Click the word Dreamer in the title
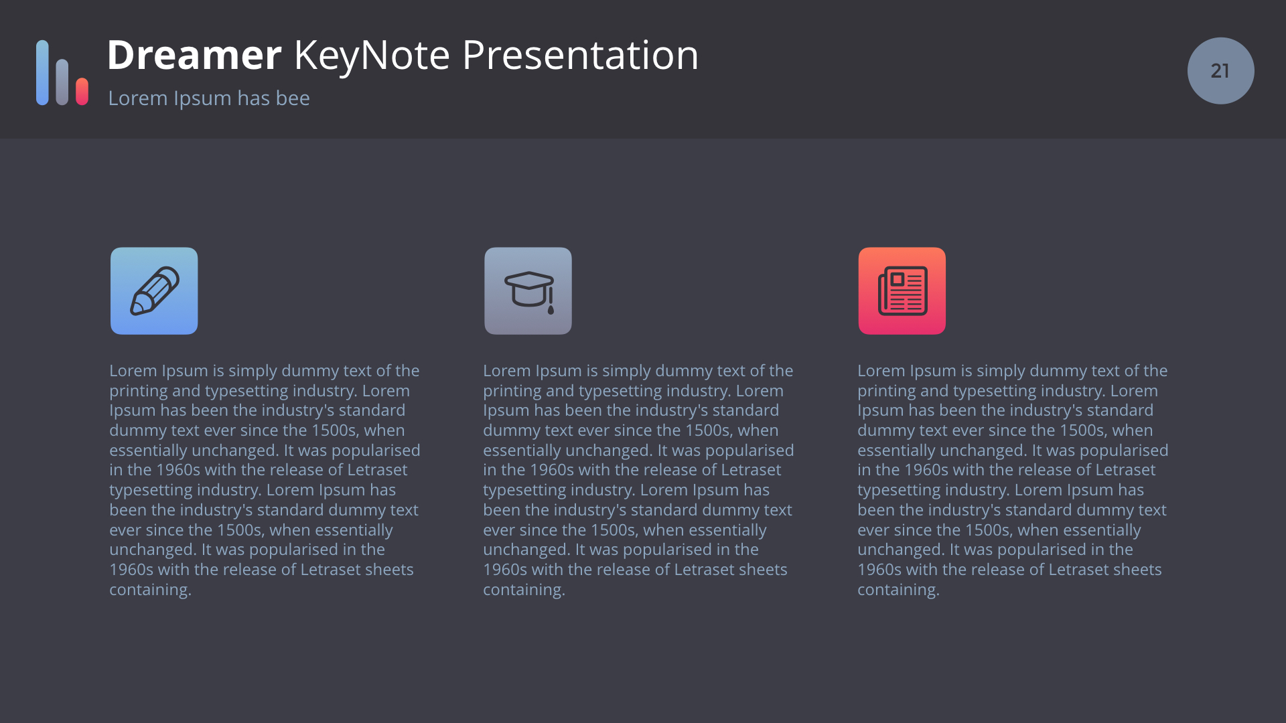[194, 55]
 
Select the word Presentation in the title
[580, 55]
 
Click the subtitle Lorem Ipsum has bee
[209, 98]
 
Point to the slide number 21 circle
[1220, 70]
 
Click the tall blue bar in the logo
[42, 72]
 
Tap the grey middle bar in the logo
[62, 82]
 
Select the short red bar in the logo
[82, 91]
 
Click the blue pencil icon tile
[154, 291]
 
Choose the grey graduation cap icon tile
[528, 291]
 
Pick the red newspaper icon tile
[902, 291]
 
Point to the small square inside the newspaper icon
[898, 279]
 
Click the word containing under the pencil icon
[150, 590]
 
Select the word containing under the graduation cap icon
[524, 590]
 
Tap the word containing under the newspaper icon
[898, 590]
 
